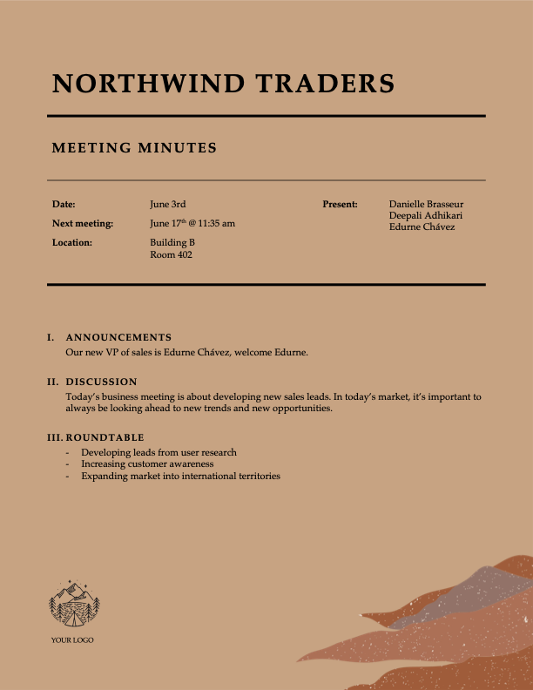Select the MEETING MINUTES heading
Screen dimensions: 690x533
[134, 148]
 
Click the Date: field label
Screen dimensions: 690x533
[64, 204]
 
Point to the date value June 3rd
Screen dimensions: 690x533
[168, 204]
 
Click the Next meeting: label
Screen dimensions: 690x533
[83, 223]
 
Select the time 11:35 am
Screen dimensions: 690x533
[217, 223]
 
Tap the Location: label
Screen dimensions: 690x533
[72, 242]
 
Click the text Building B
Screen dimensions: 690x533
[172, 242]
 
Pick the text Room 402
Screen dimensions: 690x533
[171, 255]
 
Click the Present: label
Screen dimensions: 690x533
[340, 204]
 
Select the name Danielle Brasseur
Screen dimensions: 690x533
[427, 204]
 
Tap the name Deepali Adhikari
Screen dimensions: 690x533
[426, 215]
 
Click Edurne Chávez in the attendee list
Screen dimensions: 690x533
[422, 227]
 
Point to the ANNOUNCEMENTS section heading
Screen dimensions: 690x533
[118, 337]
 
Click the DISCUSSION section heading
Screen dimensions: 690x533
[101, 382]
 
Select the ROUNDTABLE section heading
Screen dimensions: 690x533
[105, 437]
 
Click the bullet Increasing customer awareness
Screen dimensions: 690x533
[147, 464]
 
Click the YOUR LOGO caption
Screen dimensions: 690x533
[72, 640]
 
